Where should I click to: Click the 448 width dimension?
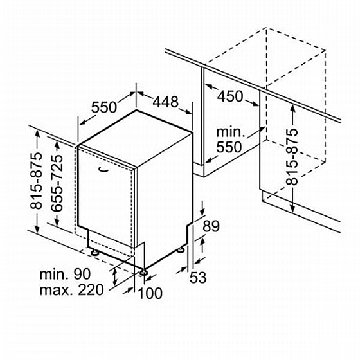click(166, 102)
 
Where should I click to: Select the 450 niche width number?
click(230, 96)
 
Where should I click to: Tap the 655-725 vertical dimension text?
click(57, 183)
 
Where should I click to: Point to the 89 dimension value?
click(211, 226)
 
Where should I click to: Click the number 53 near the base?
click(198, 277)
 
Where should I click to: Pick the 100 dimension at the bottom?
click(150, 293)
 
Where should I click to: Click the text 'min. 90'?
click(65, 274)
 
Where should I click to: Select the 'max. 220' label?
click(71, 290)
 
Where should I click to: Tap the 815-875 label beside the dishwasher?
click(37, 181)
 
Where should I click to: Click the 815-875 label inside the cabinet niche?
click(292, 157)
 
